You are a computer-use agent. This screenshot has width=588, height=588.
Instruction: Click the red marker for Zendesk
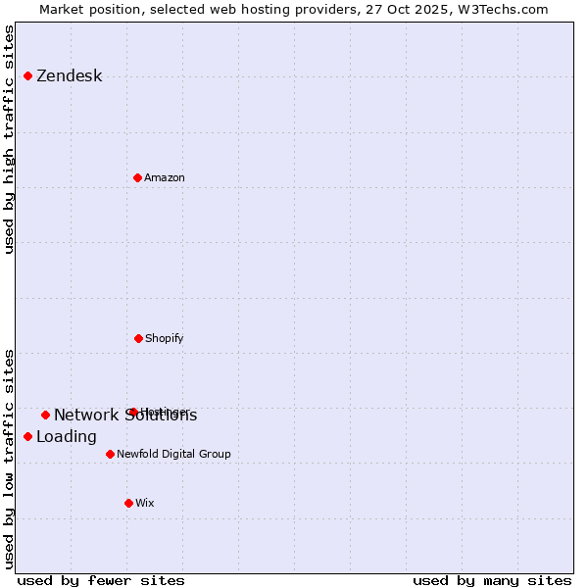pyautogui.click(x=27, y=75)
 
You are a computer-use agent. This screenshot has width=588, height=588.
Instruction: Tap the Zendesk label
pyautogui.click(x=69, y=76)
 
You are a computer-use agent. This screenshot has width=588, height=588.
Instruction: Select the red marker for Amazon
pyautogui.click(x=137, y=177)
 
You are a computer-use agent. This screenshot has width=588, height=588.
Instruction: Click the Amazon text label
pyautogui.click(x=164, y=178)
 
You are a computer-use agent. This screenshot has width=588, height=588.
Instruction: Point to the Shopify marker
pyautogui.click(x=138, y=338)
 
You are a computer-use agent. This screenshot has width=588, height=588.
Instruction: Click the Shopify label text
pyautogui.click(x=164, y=339)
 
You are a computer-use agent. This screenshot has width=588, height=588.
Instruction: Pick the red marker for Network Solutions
pyautogui.click(x=45, y=415)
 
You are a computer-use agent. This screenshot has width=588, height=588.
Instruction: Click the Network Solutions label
pyautogui.click(x=124, y=416)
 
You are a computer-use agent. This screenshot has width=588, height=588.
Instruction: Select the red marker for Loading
pyautogui.click(x=27, y=436)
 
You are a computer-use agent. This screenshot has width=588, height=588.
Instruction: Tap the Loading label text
pyautogui.click(x=66, y=437)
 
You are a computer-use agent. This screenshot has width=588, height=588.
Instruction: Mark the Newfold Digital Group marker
pyautogui.click(x=110, y=454)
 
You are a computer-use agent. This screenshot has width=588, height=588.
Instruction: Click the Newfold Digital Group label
pyautogui.click(x=173, y=455)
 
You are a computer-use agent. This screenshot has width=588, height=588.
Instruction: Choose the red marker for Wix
pyautogui.click(x=128, y=503)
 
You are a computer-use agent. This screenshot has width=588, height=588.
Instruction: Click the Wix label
pyautogui.click(x=144, y=504)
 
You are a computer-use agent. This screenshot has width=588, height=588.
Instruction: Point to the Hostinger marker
pyautogui.click(x=132, y=412)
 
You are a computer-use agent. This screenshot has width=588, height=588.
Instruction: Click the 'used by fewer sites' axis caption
pyautogui.click(x=101, y=580)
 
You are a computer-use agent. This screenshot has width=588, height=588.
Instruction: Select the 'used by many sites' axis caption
pyautogui.click(x=492, y=580)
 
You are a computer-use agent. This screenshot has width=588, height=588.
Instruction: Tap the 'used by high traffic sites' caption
pyautogui.click(x=10, y=140)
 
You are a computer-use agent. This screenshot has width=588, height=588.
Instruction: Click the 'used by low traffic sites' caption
pyautogui.click(x=10, y=459)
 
